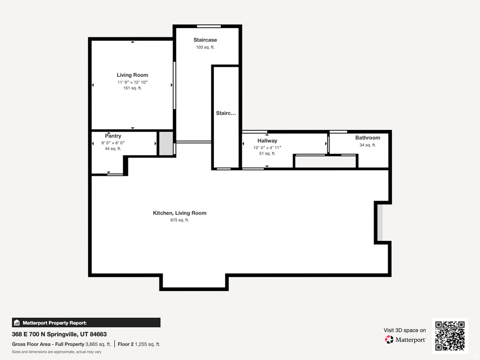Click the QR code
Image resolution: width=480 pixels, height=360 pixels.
point(450,336)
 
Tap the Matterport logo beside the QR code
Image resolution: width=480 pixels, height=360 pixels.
point(405,339)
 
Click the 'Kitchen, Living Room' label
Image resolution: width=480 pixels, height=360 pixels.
point(180,213)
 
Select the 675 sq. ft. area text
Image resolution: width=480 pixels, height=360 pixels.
point(180,220)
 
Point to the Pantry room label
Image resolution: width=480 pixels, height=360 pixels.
point(113,136)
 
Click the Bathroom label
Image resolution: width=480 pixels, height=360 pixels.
point(367,138)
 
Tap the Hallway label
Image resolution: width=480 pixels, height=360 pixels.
point(267,141)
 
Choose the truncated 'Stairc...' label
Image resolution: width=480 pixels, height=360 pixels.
point(226,113)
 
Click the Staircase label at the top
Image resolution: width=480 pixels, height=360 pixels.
point(205,40)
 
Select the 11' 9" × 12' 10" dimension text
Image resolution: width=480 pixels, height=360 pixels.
point(133,82)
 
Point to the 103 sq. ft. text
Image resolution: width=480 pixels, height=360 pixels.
point(205,47)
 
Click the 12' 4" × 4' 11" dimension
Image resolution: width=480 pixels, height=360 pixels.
point(267,147)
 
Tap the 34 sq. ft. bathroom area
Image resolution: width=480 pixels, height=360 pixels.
point(367,145)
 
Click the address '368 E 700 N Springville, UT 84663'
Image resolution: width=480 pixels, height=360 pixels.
point(59,334)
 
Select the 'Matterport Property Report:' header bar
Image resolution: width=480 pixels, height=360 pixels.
point(86,322)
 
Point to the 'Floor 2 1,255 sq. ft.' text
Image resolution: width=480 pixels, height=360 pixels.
point(139,344)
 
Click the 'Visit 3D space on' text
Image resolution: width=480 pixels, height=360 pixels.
point(405,330)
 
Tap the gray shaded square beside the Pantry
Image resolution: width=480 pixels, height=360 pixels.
point(166,144)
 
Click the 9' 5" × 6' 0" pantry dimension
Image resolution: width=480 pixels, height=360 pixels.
point(113,142)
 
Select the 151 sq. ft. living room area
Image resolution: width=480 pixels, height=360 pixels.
point(133,88)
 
